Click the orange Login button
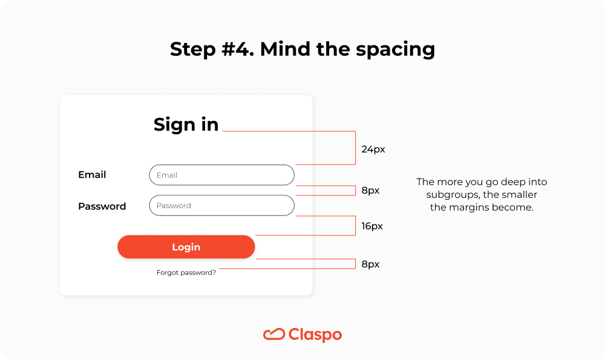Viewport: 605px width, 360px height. [x=186, y=247]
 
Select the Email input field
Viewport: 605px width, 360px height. [x=221, y=175]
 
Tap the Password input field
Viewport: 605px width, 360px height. [x=221, y=206]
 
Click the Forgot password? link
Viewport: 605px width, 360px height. [x=186, y=272]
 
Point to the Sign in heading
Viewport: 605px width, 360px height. [x=186, y=124]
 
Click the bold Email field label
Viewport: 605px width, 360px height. [x=92, y=175]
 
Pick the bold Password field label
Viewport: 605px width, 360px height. [x=102, y=206]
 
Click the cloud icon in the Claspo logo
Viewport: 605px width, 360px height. [x=274, y=334]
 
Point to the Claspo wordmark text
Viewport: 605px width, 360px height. [x=315, y=335]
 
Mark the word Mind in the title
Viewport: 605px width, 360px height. [x=283, y=49]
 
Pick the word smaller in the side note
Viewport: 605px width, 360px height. [x=518, y=195]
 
